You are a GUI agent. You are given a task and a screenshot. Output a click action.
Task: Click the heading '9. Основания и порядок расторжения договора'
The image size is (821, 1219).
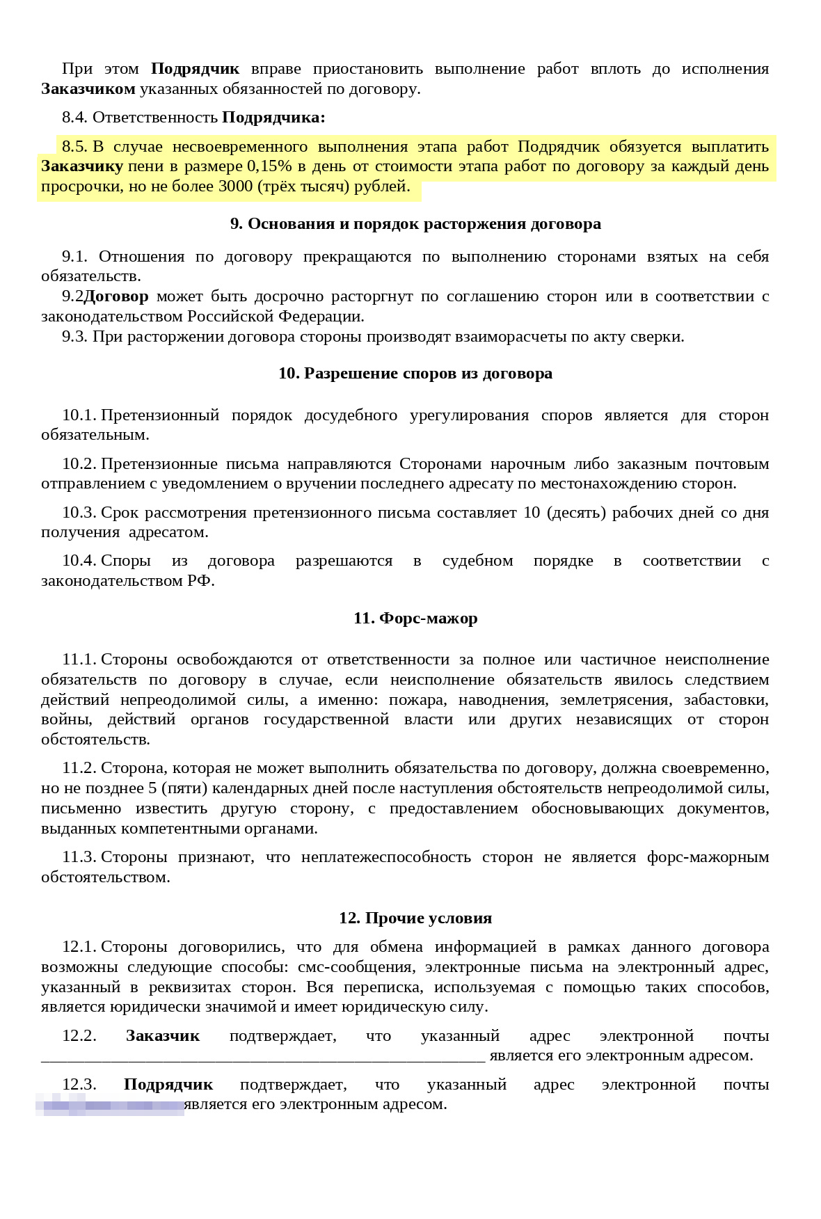pyautogui.click(x=415, y=224)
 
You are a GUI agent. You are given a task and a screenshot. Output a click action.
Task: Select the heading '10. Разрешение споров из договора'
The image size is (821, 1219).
pyautogui.click(x=415, y=374)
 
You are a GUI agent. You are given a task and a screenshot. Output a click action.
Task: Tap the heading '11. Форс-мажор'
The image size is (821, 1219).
pyautogui.click(x=415, y=619)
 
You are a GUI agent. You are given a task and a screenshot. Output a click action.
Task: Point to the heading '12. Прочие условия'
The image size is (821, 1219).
pyautogui.click(x=415, y=918)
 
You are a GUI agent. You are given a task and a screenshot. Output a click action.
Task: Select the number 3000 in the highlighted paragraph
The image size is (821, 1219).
pyautogui.click(x=235, y=186)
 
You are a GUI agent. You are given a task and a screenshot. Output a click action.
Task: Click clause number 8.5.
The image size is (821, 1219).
pyautogui.click(x=74, y=147)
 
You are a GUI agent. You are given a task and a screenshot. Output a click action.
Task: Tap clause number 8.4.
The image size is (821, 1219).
pyautogui.click(x=74, y=118)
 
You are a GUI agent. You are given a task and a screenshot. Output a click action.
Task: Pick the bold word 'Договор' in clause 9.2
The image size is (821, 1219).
pyautogui.click(x=116, y=296)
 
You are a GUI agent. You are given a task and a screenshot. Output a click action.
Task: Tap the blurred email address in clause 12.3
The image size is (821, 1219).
pyautogui.click(x=110, y=1105)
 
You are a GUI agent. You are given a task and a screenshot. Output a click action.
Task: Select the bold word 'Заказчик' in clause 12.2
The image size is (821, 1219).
pyautogui.click(x=163, y=1036)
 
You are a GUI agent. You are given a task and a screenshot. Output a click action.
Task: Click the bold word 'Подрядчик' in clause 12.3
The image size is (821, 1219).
pyautogui.click(x=168, y=1085)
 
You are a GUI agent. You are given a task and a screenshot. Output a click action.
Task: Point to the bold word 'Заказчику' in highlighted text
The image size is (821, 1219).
pyautogui.click(x=82, y=166)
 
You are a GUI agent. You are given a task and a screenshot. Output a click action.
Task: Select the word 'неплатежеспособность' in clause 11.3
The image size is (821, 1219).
pyautogui.click(x=385, y=857)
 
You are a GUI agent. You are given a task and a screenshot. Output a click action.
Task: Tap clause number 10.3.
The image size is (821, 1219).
pyautogui.click(x=79, y=513)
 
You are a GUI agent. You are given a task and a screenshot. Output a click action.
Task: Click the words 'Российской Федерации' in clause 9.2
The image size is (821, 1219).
pyautogui.click(x=276, y=317)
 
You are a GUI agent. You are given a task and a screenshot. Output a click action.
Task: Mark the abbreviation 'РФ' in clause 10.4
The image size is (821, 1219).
pyautogui.click(x=200, y=581)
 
